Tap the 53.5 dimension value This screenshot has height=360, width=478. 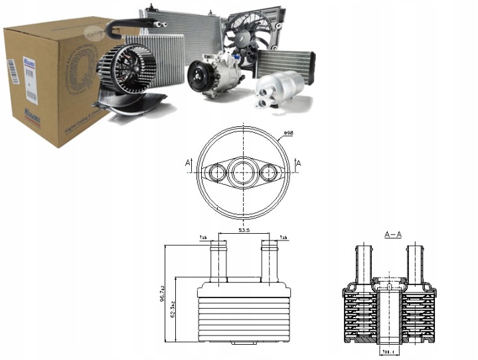[x=244, y=230]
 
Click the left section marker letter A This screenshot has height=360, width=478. [x=189, y=163]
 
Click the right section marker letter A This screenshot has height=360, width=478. [x=298, y=163]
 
